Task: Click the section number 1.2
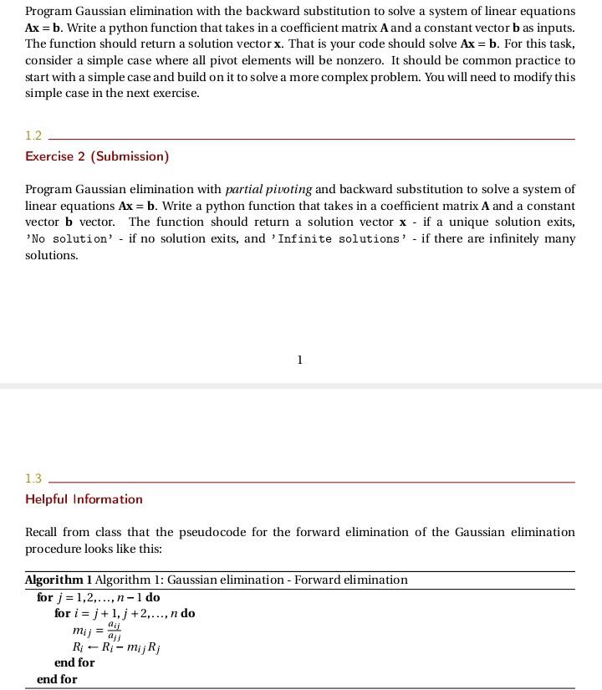[33, 135]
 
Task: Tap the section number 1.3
[33, 478]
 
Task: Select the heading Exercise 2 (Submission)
[97, 156]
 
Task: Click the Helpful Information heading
[84, 499]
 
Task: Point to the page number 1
[300, 360]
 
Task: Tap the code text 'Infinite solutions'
[339, 239]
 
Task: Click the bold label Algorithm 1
[59, 580]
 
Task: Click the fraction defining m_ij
[115, 631]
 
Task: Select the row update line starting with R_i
[116, 647]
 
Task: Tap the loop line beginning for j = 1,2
[98, 597]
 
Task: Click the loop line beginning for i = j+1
[125, 613]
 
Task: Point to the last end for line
[57, 679]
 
